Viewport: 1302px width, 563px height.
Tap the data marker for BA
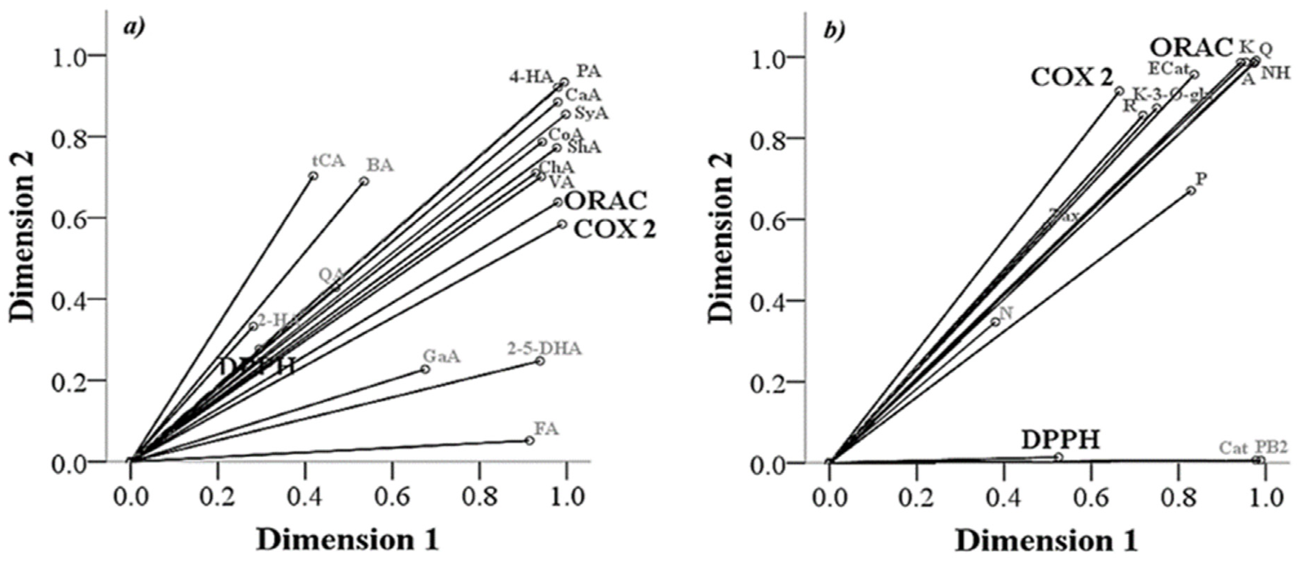[364, 181]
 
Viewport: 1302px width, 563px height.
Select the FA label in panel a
[546, 428]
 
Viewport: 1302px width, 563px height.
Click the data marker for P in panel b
[1191, 191]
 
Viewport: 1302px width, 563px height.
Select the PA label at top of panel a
[589, 71]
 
